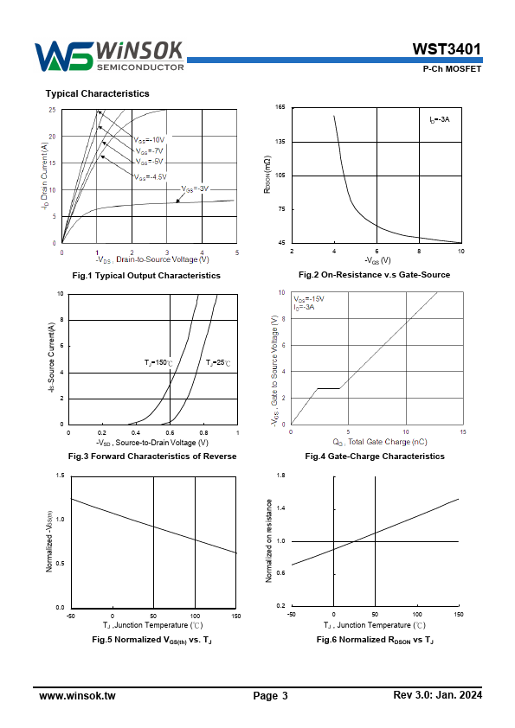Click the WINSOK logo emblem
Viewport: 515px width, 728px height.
(64, 56)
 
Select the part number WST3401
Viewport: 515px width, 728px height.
(447, 48)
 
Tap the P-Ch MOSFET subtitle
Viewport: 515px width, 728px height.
(452, 68)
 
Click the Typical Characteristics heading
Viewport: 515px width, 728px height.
(97, 93)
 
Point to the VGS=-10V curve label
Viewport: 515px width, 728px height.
(149, 140)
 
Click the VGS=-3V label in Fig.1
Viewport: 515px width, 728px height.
(195, 189)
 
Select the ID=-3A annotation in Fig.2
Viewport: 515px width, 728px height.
(439, 119)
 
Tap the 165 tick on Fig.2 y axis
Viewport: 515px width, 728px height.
(280, 107)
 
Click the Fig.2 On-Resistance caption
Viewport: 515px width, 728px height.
(374, 275)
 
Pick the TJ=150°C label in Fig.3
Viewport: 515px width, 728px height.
(158, 362)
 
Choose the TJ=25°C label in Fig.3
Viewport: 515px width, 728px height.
(218, 362)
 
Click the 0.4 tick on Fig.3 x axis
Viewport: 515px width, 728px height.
(136, 432)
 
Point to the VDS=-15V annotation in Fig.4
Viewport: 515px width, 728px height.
(309, 299)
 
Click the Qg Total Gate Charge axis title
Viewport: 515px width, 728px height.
(380, 442)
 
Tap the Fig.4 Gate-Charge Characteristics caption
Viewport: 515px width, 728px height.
(375, 457)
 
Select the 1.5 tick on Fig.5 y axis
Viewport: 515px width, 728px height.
(61, 476)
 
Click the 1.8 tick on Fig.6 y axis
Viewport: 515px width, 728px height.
(280, 476)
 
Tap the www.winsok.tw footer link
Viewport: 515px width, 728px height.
(77, 695)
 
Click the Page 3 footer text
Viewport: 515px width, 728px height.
(271, 695)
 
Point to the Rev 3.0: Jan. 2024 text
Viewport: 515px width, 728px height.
(437, 694)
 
